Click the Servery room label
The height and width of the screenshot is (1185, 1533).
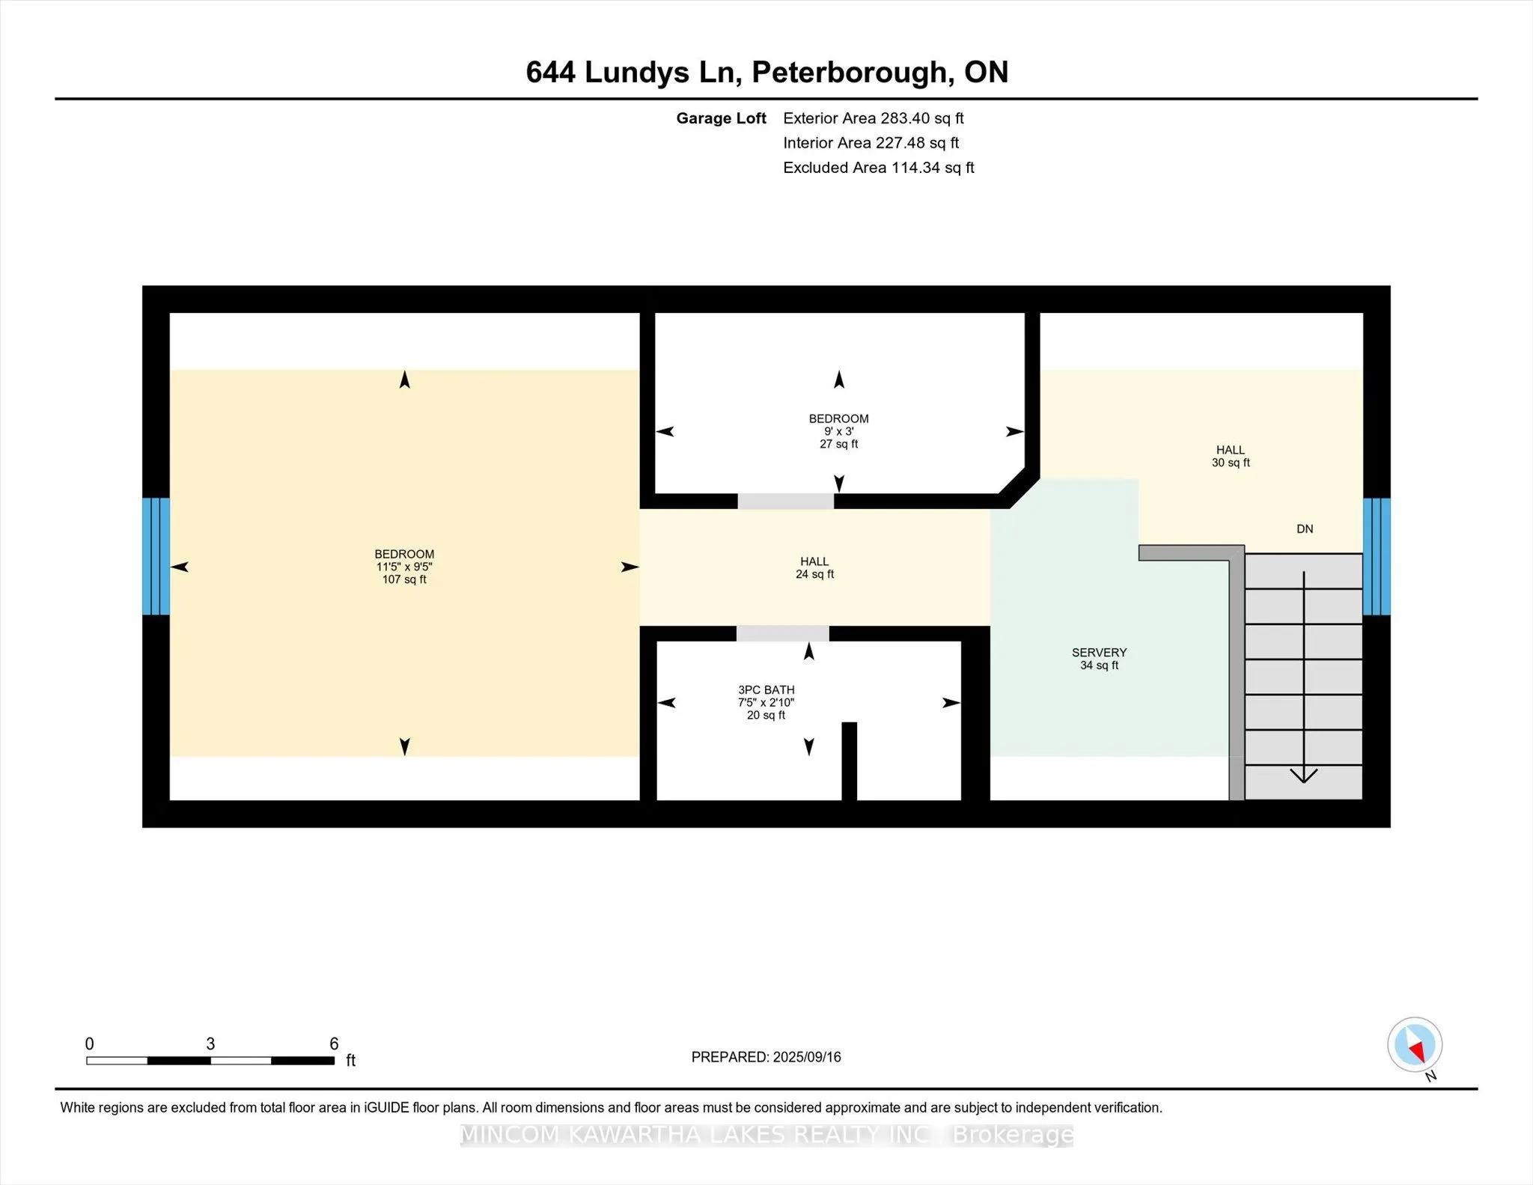[1099, 659]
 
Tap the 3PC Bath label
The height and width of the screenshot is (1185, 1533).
[766, 702]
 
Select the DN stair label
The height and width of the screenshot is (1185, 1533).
[1305, 529]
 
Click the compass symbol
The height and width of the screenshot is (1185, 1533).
[1415, 1044]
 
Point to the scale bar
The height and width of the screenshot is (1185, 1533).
[210, 1060]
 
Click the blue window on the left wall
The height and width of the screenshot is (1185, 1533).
[156, 556]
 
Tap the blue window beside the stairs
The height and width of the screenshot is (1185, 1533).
[1377, 556]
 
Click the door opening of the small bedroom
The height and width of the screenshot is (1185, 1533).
[786, 502]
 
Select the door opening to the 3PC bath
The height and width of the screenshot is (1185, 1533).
[782, 634]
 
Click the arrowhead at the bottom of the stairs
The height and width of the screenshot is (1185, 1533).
[1304, 776]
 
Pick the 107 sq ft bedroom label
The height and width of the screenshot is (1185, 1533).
[404, 567]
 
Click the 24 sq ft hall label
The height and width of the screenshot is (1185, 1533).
[814, 567]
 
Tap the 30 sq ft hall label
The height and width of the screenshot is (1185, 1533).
[1231, 456]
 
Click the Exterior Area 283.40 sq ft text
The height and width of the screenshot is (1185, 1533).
[873, 118]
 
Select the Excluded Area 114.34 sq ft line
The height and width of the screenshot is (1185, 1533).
[878, 168]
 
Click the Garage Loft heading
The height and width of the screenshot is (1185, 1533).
[721, 118]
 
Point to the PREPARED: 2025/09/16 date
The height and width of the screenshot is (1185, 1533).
[766, 1057]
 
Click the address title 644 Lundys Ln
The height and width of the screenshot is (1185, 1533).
[633, 73]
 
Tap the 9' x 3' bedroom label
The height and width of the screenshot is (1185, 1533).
[838, 431]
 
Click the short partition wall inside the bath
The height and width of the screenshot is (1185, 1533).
[849, 761]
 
